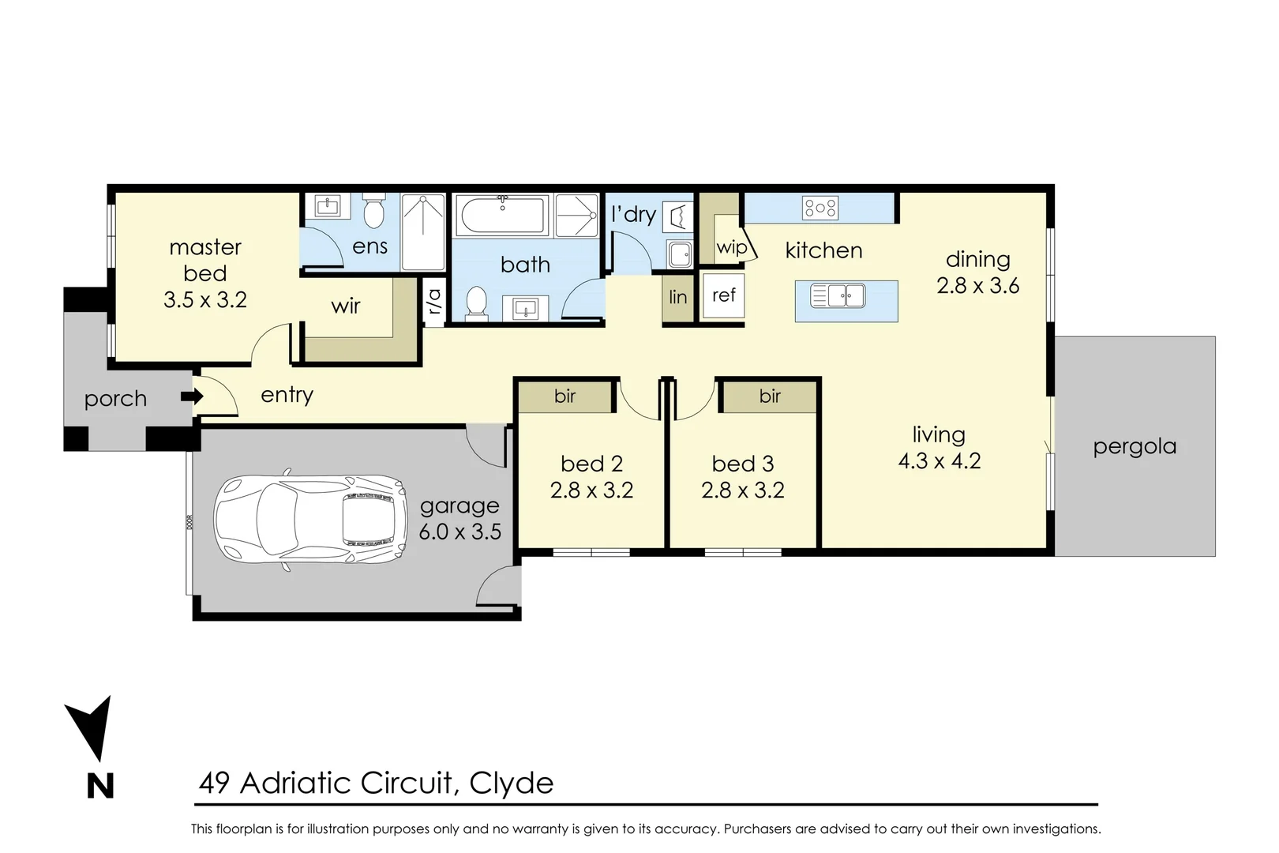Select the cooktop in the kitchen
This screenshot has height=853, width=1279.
[820, 209]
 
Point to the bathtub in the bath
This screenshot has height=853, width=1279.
[502, 216]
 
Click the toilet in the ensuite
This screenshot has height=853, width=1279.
[373, 212]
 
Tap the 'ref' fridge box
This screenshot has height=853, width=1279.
[723, 295]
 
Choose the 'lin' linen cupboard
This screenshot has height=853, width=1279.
[678, 298]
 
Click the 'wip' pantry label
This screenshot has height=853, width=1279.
[731, 247]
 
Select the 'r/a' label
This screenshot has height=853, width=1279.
[434, 300]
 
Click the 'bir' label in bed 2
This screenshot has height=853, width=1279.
[564, 396]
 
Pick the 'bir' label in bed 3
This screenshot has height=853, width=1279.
[770, 396]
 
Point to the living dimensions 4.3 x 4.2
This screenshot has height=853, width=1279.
[940, 461]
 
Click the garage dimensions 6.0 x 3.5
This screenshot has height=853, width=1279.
[459, 532]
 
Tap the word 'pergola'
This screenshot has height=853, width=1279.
[1135, 447]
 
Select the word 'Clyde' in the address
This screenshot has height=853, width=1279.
[512, 783]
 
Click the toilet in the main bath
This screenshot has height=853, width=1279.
[476, 304]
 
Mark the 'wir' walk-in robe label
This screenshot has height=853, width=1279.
[346, 306]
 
